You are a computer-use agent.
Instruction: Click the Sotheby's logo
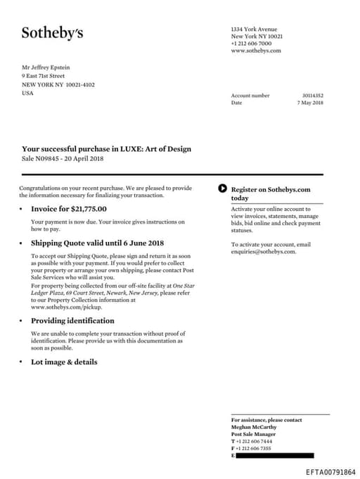pos(52,32)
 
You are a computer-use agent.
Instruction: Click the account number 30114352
pos(312,95)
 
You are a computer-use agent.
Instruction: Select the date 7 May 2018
pos(310,103)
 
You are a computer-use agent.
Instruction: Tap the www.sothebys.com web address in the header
pos(256,51)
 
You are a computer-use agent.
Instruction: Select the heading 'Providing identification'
pos(72,321)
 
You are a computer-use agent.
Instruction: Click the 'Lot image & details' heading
pos(64,362)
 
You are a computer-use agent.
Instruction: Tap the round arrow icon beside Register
pos(223,189)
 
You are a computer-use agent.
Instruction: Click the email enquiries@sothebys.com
pos(264,251)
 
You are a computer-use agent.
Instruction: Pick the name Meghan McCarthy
pos(253,427)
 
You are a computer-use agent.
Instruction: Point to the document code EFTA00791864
pos(330,473)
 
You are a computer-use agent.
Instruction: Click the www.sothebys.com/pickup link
pos(67,307)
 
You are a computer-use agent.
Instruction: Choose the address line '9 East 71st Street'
pos(44,76)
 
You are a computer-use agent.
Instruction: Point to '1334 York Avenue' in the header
pos(254,30)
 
